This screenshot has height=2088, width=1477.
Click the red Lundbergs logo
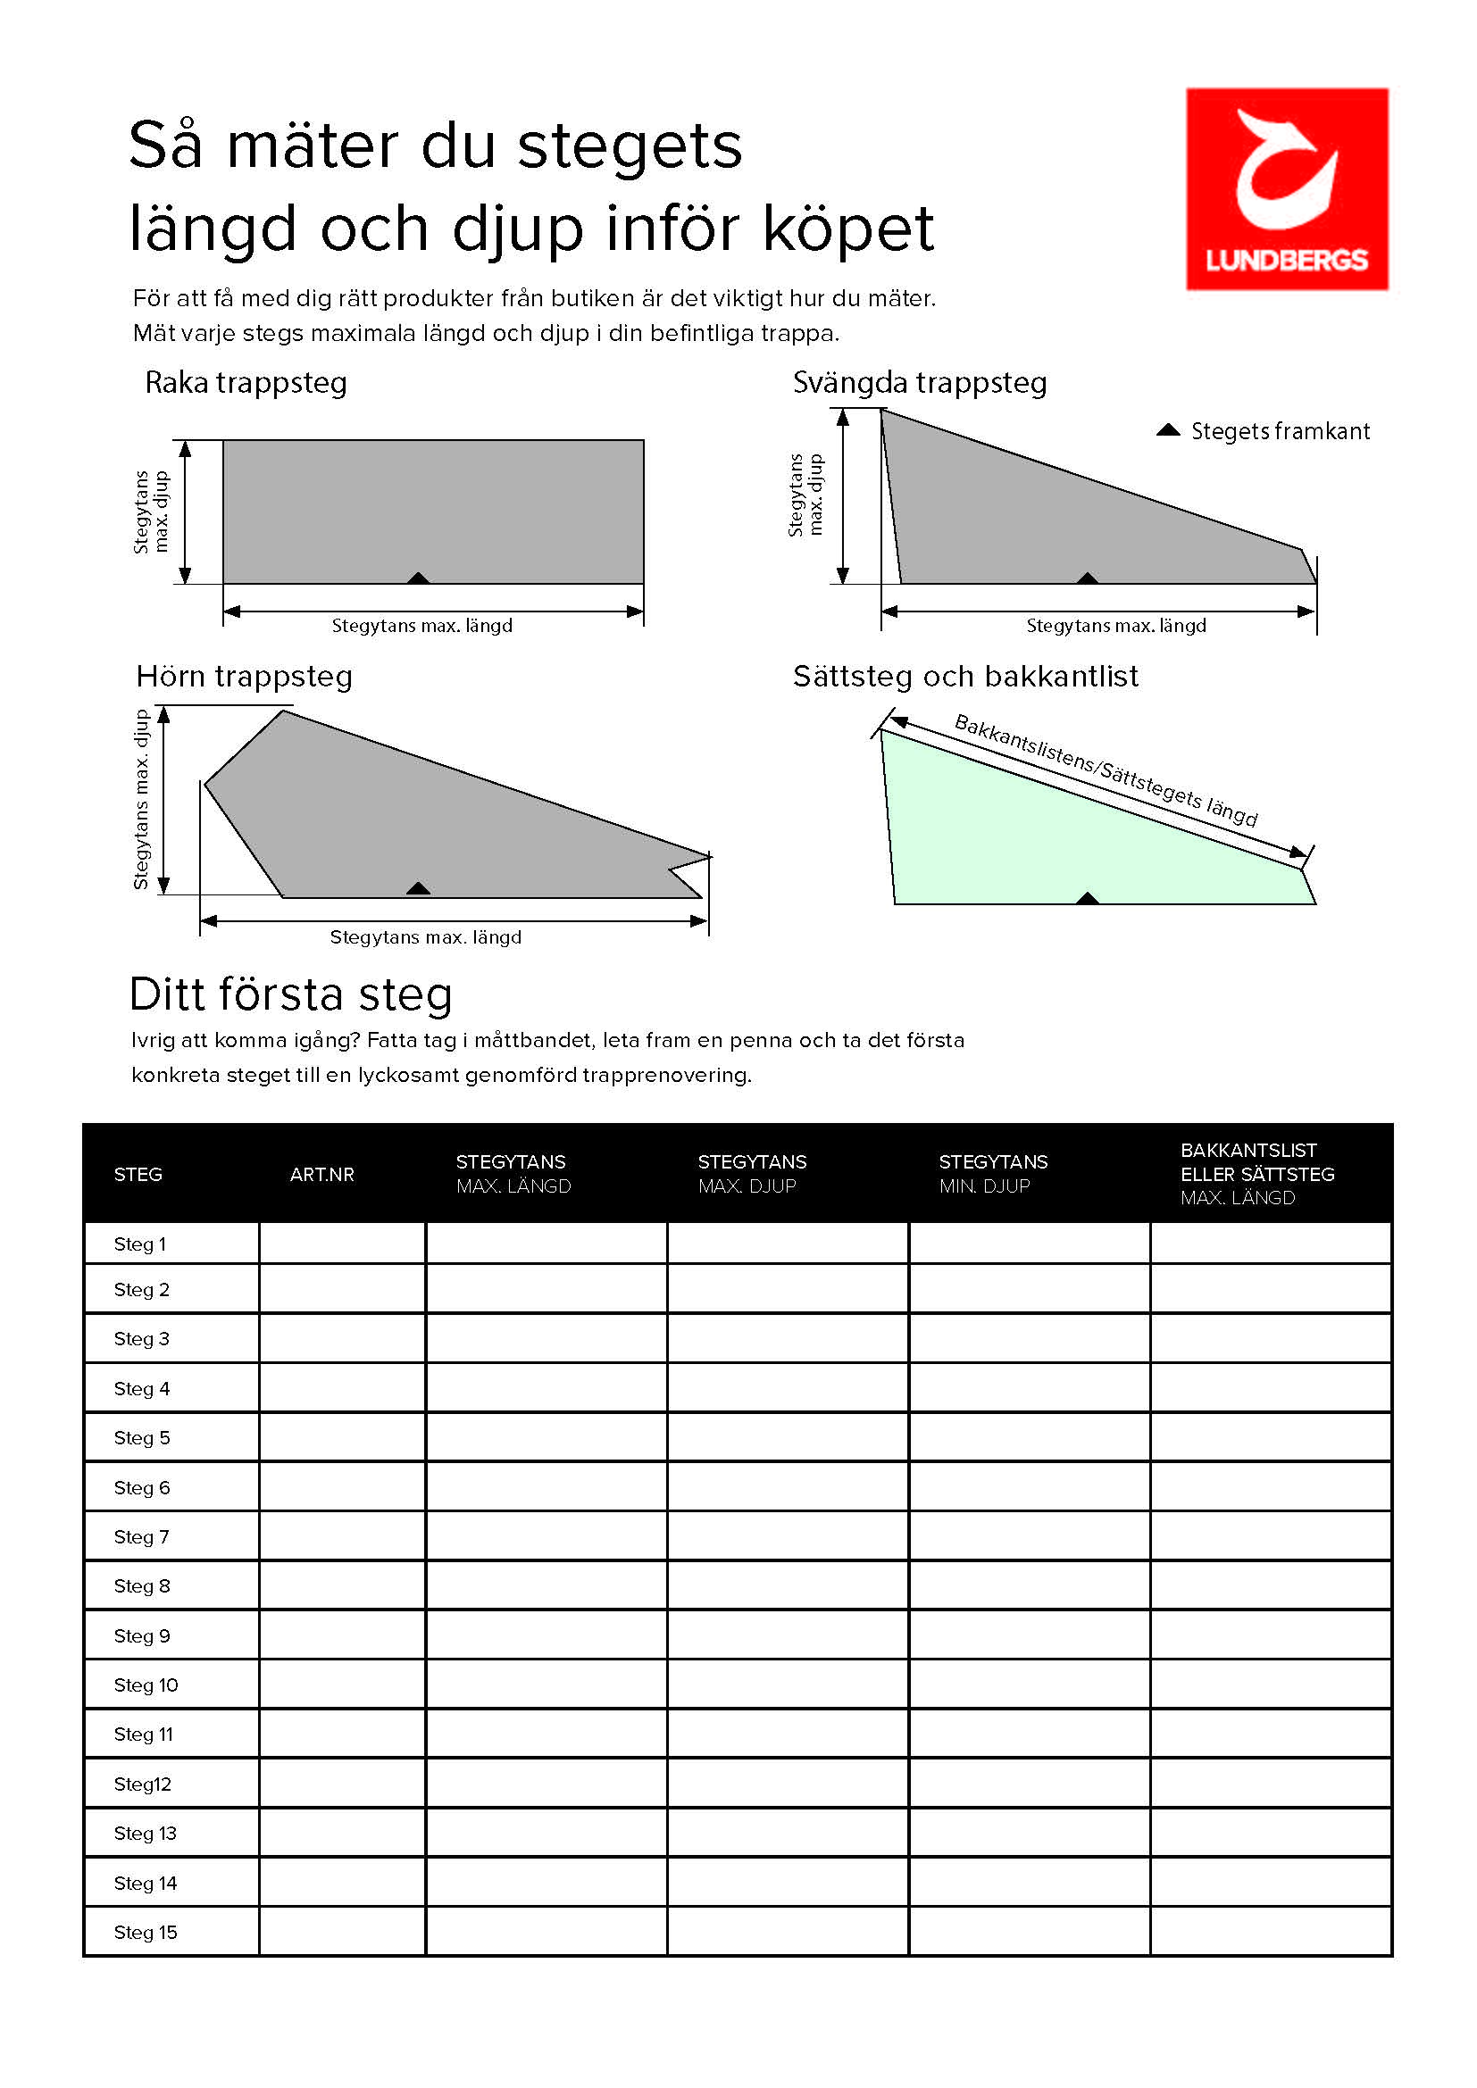click(x=1286, y=189)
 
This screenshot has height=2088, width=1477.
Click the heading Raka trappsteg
click(x=246, y=383)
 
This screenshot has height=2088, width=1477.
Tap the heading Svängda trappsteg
click(x=920, y=383)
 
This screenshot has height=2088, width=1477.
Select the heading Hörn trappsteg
click(x=244, y=677)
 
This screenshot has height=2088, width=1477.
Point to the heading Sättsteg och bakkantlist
click(x=965, y=677)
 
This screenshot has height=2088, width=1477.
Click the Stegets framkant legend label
click(x=1280, y=431)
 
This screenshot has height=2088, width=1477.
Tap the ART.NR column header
click(x=322, y=1174)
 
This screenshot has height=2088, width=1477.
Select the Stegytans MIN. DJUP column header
click(x=993, y=1174)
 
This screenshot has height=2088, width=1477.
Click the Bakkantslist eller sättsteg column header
click(x=1257, y=1174)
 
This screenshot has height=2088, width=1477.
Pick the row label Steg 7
click(x=142, y=1537)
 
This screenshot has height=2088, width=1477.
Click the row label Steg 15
click(x=146, y=1933)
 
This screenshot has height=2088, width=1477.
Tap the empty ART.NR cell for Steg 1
click(x=343, y=1244)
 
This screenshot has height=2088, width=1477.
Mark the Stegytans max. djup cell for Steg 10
click(x=788, y=1685)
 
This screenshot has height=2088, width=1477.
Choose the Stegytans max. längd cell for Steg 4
click(x=547, y=1389)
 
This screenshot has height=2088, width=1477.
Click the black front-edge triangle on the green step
click(x=1087, y=899)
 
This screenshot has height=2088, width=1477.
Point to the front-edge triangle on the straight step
click(x=418, y=578)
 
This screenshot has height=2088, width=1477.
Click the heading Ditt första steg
click(x=291, y=994)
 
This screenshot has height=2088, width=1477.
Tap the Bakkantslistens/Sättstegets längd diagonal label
click(x=1105, y=770)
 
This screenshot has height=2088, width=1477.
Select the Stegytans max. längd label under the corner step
click(x=426, y=937)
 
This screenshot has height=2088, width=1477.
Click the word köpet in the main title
click(x=847, y=228)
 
